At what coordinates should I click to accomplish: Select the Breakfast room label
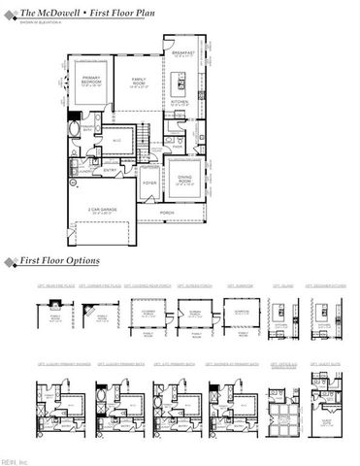point(182,52)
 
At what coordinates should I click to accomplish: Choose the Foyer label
point(149,182)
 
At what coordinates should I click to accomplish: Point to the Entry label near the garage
point(110,172)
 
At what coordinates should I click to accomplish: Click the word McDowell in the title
point(52,9)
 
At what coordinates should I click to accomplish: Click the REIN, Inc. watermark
point(16,460)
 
